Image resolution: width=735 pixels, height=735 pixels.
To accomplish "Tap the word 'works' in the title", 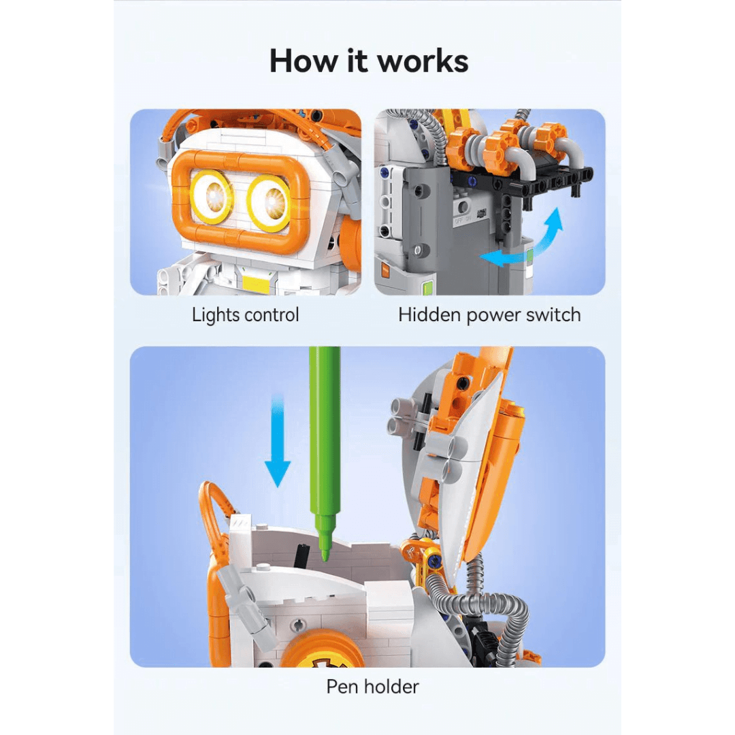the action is click(x=423, y=61).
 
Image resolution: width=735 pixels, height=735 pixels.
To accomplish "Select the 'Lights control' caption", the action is click(x=245, y=314).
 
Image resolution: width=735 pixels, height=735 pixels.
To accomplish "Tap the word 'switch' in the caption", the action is click(x=553, y=314).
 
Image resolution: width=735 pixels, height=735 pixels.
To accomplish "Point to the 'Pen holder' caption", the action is click(x=373, y=686).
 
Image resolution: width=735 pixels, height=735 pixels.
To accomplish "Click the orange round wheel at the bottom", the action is click(x=323, y=649).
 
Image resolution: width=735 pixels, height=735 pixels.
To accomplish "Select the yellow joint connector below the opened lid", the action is click(x=423, y=553).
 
